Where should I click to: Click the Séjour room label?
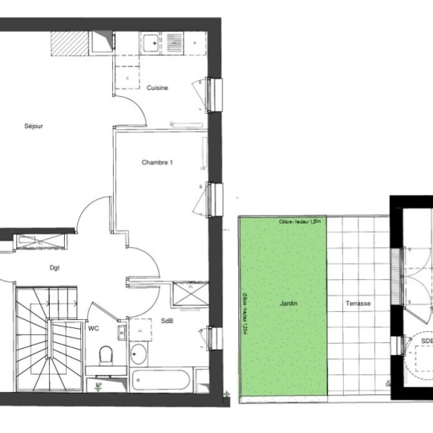pyautogui.click(x=34, y=126)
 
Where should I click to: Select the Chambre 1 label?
pyautogui.click(x=157, y=162)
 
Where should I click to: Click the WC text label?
pyautogui.click(x=93, y=328)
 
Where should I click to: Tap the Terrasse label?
pyautogui.click(x=358, y=304)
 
